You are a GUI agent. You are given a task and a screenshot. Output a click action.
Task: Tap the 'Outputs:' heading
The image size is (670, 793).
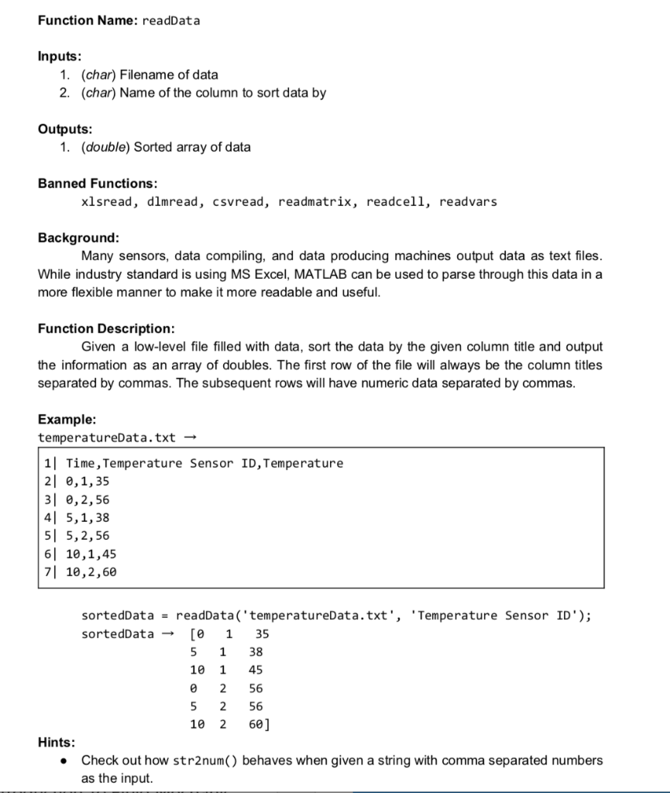click(64, 129)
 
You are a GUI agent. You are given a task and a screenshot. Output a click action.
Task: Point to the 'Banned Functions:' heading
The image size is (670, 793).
click(98, 184)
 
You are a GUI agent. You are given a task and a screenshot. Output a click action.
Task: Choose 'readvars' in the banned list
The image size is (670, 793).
click(468, 202)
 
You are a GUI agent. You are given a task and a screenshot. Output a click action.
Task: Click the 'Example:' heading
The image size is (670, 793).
click(67, 419)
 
